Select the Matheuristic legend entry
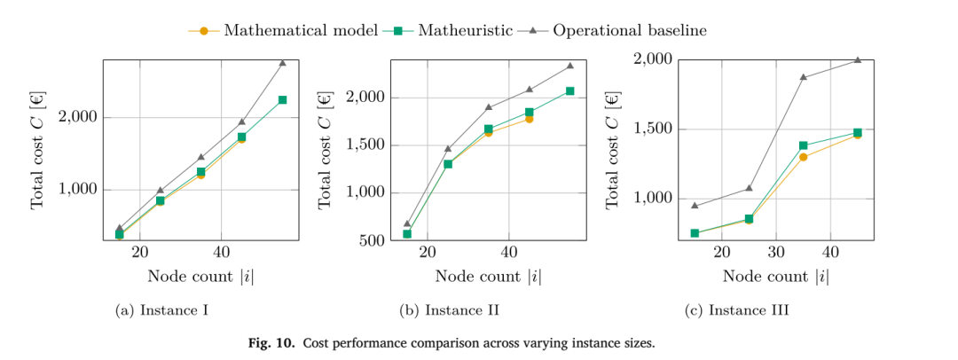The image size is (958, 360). (x=448, y=30)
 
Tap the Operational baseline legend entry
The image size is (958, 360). (x=611, y=30)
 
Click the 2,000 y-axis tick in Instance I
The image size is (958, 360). (x=78, y=117)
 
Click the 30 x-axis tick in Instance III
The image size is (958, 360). (x=776, y=252)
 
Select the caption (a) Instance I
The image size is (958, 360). (x=162, y=310)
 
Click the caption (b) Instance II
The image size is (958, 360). (x=449, y=310)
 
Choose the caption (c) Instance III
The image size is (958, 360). (x=736, y=310)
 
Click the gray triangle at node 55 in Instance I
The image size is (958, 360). (x=282, y=62)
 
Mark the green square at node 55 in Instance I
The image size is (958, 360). (x=282, y=99)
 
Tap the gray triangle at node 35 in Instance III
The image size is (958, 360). (x=804, y=77)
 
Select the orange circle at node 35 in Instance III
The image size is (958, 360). (x=804, y=157)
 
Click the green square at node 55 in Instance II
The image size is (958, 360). (x=570, y=91)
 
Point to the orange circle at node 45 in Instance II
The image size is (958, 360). (x=529, y=119)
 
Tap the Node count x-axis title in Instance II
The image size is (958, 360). (x=488, y=277)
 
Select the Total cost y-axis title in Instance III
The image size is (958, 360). (x=612, y=150)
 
